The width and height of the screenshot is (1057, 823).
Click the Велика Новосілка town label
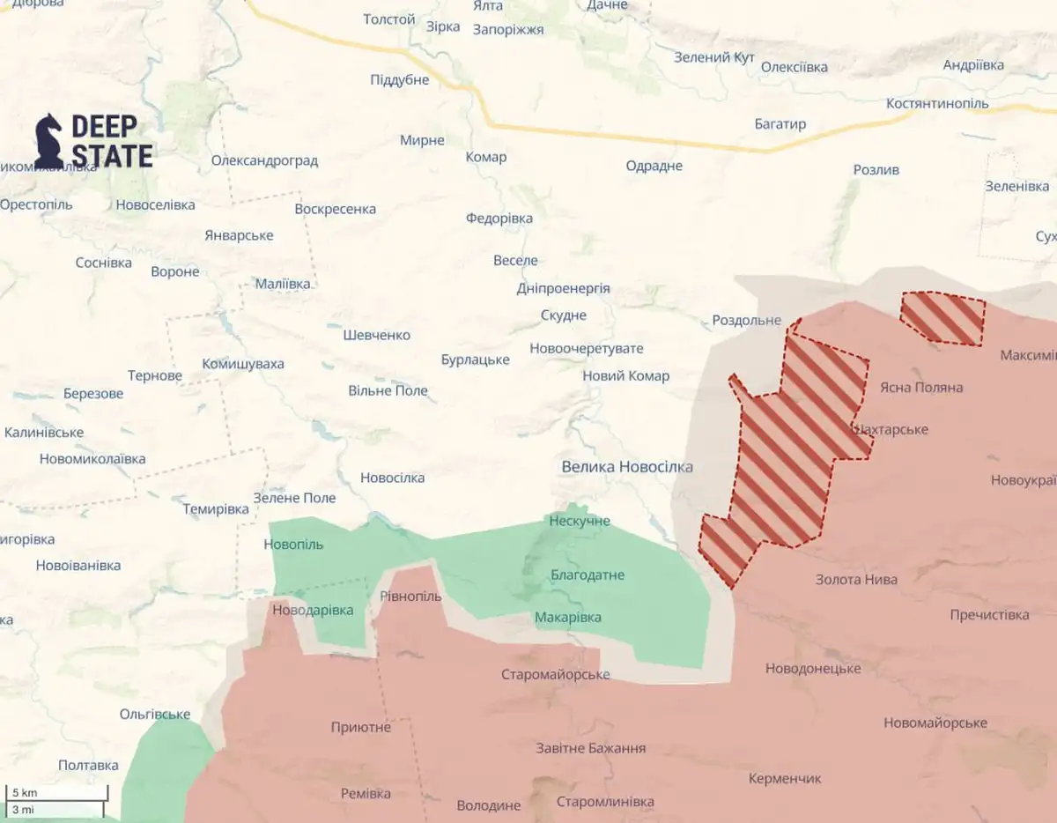627,467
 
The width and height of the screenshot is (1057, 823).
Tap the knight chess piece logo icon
48,140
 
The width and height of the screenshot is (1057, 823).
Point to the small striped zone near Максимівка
942,318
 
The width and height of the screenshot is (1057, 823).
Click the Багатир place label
780,124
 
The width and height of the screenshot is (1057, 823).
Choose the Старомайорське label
556,675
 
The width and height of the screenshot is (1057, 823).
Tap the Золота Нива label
856,579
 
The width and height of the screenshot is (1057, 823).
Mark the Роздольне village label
746,320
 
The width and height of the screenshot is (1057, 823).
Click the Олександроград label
264,161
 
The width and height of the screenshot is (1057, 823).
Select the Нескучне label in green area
580,522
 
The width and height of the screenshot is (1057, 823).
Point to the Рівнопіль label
410,597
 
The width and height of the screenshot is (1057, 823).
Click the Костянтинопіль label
938,103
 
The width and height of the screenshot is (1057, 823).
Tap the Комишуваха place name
243,364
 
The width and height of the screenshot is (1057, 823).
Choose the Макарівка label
568,617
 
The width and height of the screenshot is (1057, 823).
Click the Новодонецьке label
813,668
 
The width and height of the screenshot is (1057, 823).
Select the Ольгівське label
155,714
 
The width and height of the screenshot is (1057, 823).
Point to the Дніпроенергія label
563,288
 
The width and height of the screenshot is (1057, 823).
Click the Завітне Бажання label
591,748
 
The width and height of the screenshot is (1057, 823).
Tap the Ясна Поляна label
921,387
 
